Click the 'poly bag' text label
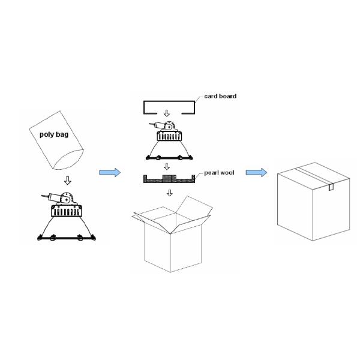[x=53, y=135]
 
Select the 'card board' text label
[x=220, y=96]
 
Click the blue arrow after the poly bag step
[x=110, y=173]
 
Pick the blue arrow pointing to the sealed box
[x=256, y=173]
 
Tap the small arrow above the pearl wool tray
[x=170, y=167]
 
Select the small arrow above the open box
[x=170, y=193]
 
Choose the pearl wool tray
[x=169, y=179]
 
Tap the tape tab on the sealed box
[x=331, y=187]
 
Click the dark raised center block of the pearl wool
[x=169, y=178]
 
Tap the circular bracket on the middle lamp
[x=171, y=127]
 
